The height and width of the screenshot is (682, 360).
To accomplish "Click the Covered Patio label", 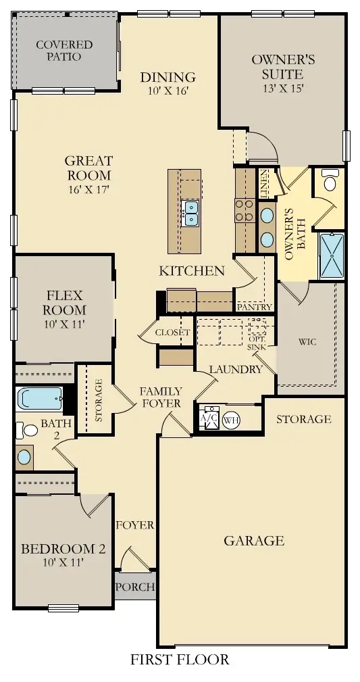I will (x=64, y=51).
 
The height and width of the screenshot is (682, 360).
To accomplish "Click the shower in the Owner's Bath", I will (x=332, y=255).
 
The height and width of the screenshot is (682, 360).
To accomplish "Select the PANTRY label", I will (x=255, y=308).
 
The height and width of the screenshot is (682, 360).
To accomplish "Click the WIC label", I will (x=307, y=342).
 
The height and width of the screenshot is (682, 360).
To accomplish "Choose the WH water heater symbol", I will (x=232, y=419).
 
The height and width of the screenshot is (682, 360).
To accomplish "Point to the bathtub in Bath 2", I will (x=40, y=398).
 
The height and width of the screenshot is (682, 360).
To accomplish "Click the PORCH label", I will (x=134, y=587).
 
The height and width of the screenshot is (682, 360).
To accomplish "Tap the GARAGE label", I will (x=254, y=540).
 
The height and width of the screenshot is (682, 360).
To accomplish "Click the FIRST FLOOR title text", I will (x=180, y=660).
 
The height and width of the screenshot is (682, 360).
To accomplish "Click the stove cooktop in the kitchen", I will (x=242, y=210).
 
